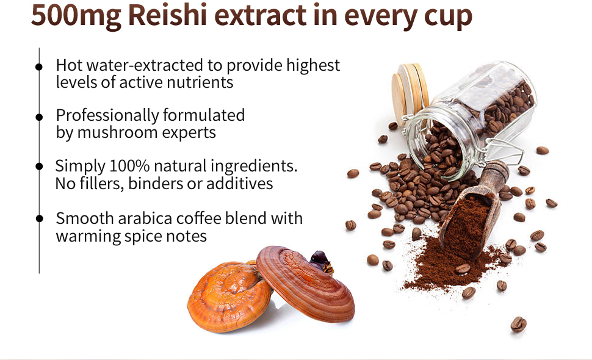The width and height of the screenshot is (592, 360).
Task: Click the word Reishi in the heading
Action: (168, 15)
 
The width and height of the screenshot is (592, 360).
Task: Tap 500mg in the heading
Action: (76, 16)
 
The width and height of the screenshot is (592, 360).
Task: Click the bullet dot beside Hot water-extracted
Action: (39, 67)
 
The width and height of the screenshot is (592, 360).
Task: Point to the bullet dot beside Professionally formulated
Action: (39, 117)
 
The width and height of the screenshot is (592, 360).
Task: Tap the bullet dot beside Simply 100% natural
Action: (39, 166)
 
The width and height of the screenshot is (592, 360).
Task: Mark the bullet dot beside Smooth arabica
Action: (39, 218)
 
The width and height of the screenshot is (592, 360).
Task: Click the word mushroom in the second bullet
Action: (117, 132)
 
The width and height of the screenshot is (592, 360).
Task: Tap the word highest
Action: (313, 66)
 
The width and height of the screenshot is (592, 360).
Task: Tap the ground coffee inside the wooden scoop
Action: (468, 226)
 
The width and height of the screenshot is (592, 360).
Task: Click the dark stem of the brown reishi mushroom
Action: (321, 261)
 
